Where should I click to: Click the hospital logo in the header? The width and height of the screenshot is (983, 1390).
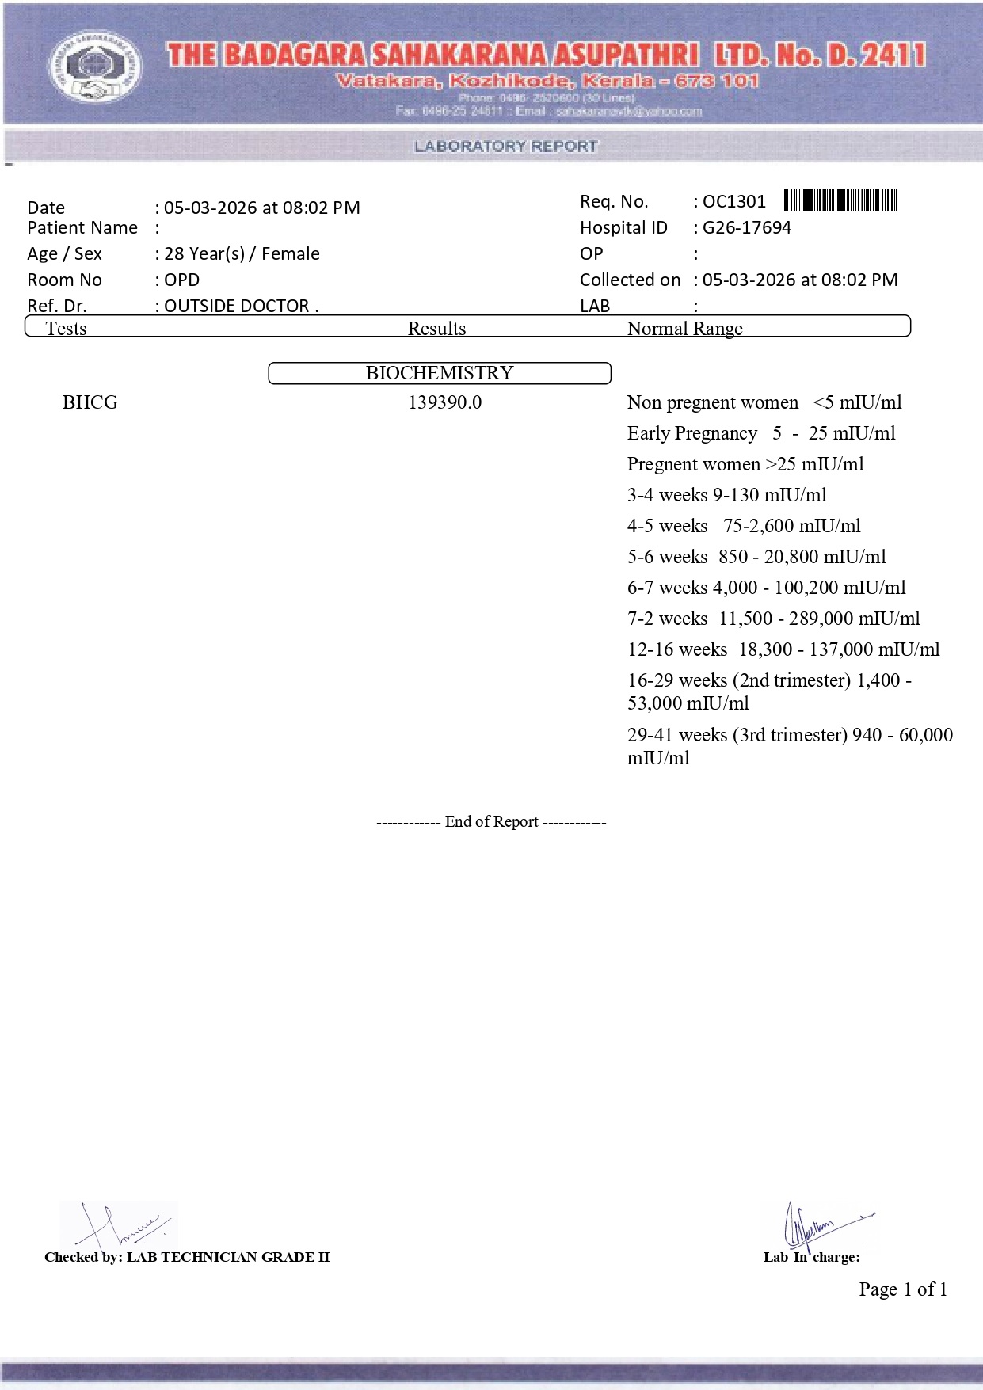click(x=96, y=67)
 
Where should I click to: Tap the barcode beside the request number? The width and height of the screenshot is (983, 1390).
click(x=840, y=200)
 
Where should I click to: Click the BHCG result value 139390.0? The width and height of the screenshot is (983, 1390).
click(x=444, y=402)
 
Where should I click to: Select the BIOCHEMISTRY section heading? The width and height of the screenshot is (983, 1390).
click(x=440, y=373)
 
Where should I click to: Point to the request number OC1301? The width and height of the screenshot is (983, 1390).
click(x=734, y=202)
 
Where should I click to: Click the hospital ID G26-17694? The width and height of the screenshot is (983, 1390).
click(x=747, y=228)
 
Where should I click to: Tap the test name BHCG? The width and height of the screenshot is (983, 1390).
click(x=90, y=402)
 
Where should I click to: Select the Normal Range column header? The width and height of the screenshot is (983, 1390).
click(x=684, y=329)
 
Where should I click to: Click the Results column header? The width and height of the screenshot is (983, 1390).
click(x=436, y=329)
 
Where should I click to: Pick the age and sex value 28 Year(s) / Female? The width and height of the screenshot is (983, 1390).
click(x=242, y=254)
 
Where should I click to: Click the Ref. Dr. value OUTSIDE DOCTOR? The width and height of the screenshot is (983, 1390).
click(x=241, y=307)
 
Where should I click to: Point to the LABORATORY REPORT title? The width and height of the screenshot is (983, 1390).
click(x=505, y=147)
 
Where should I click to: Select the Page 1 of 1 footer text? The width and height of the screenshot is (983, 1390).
click(x=903, y=1289)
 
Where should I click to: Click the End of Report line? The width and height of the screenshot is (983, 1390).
click(x=491, y=822)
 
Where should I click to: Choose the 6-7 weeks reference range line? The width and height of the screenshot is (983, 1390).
click(x=766, y=588)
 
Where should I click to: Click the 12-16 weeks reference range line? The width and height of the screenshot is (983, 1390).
click(x=783, y=649)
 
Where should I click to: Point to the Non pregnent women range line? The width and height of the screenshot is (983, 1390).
click(x=764, y=402)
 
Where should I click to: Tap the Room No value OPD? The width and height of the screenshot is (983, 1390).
click(x=181, y=280)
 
